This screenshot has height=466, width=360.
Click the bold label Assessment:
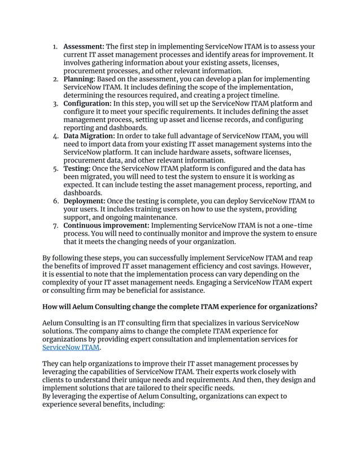click(84, 46)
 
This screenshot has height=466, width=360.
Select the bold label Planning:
click(80, 80)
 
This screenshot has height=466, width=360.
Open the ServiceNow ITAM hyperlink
click(71, 348)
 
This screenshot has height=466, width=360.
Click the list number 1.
click(55, 46)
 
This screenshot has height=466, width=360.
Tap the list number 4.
click(55, 137)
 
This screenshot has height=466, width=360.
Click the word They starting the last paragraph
click(52, 364)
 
